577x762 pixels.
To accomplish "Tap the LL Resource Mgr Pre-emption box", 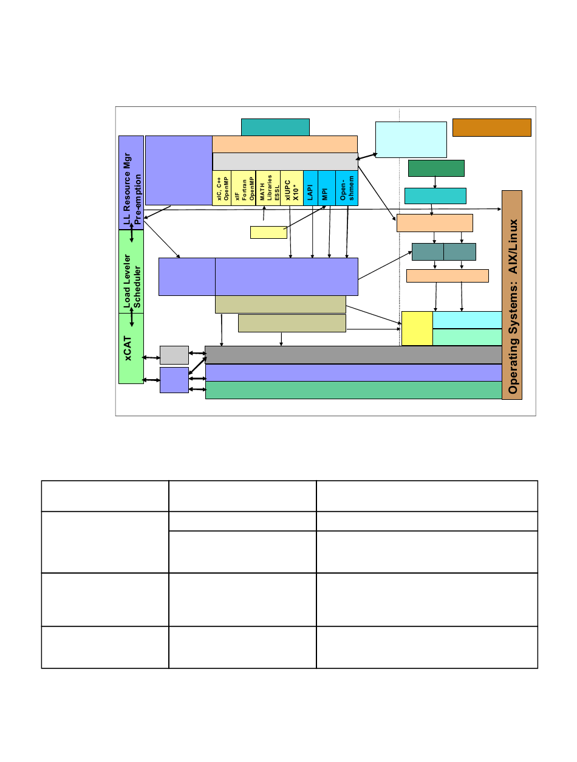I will [131, 191].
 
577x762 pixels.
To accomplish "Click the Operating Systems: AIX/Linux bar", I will [512, 295].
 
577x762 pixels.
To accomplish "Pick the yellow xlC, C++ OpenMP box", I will [222, 188].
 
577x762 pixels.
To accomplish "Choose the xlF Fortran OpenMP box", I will [243, 188].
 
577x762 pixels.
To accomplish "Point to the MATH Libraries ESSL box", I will [268, 188].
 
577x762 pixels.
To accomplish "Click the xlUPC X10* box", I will [292, 188].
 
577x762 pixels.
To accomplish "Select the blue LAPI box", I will [310, 188].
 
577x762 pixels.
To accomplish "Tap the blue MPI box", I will [326, 188].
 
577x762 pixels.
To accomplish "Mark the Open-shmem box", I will [347, 188].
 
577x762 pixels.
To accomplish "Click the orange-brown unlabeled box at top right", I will [492, 128].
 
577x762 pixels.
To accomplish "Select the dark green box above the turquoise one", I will [436, 168].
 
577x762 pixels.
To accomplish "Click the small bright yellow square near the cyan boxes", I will [417, 328].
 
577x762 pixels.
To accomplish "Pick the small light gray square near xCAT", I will [174, 355].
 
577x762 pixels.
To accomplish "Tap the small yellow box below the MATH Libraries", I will [268, 232].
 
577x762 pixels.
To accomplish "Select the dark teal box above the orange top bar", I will [275, 127].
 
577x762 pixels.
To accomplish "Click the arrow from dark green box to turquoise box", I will [435, 182].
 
